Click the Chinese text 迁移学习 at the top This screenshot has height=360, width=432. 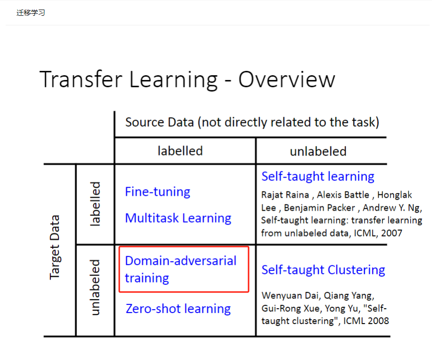pyautogui.click(x=31, y=12)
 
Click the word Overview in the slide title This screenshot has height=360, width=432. pyautogui.click(x=287, y=79)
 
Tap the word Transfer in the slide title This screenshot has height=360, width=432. pyautogui.click(x=81, y=79)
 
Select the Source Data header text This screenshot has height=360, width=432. pyautogui.click(x=252, y=122)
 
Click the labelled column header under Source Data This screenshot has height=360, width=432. pyautogui.click(x=180, y=151)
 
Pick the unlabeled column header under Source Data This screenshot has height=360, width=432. pyautogui.click(x=318, y=151)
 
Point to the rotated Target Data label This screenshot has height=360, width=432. pyautogui.click(x=55, y=247)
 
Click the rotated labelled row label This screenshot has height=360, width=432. pyautogui.click(x=95, y=204)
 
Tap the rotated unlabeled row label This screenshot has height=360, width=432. pyautogui.click(x=95, y=287)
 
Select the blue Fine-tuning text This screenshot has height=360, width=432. pyautogui.click(x=158, y=191)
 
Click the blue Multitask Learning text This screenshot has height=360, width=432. pyautogui.click(x=178, y=218)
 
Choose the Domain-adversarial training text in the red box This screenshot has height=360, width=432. pyautogui.click(x=181, y=270)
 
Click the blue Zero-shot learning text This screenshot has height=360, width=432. pyautogui.click(x=178, y=309)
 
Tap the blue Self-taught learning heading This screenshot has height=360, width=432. pyautogui.click(x=318, y=177)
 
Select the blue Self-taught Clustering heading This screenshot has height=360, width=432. pyautogui.click(x=323, y=270)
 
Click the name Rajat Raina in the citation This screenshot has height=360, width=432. pyautogui.click(x=285, y=195)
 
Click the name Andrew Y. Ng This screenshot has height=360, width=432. pyautogui.click(x=391, y=208)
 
